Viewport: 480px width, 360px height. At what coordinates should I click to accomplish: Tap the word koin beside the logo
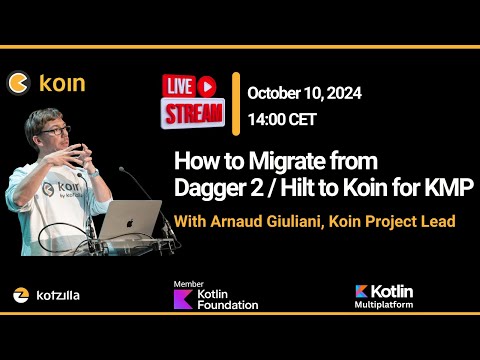62,83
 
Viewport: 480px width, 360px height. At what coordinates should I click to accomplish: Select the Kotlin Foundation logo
215,296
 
